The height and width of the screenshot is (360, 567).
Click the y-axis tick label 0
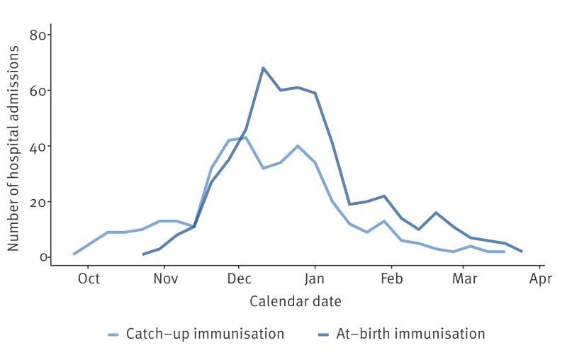click(43, 257)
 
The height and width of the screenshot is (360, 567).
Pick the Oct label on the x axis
click(89, 278)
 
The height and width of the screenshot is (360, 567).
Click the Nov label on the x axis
click(165, 278)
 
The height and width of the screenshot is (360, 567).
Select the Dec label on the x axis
click(239, 278)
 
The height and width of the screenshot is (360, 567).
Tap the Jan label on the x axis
click(315, 278)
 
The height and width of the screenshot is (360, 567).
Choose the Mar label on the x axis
click(464, 278)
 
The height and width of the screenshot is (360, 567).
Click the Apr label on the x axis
click(540, 278)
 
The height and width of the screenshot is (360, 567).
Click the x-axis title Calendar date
click(295, 301)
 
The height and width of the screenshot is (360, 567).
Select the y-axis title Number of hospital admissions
click(14, 147)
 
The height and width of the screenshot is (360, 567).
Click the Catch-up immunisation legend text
click(205, 333)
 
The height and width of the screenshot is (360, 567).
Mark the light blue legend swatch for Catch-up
click(113, 334)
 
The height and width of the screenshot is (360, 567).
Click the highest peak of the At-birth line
click(263, 68)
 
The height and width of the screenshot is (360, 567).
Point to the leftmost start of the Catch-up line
click(74, 254)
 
